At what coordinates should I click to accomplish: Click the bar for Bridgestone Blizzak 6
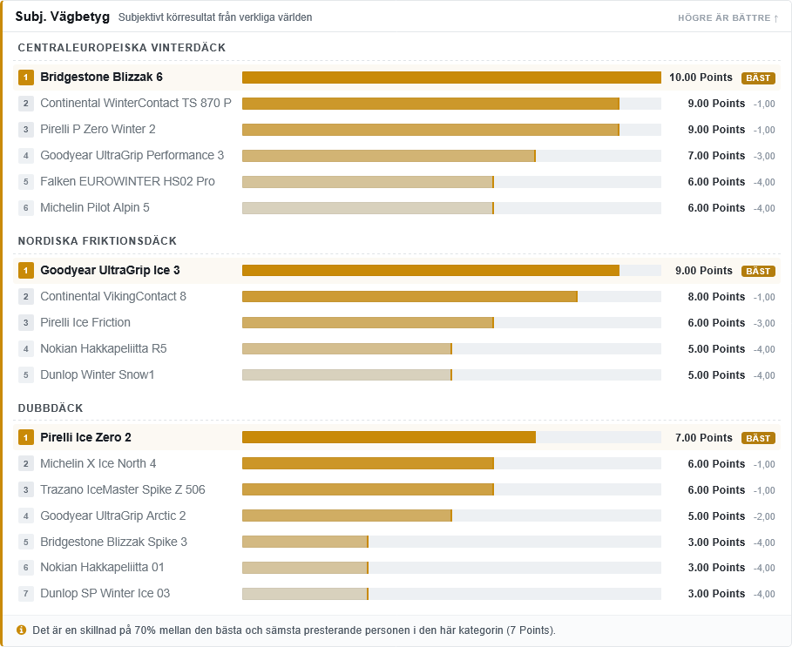point(451,78)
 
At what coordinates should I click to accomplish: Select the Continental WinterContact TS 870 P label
point(136,103)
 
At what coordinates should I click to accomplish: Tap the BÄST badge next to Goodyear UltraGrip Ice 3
point(758,271)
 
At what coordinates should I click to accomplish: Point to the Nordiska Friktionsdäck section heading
point(98,240)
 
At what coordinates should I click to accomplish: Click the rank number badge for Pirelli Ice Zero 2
point(26,437)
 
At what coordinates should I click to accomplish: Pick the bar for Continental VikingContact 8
point(410,296)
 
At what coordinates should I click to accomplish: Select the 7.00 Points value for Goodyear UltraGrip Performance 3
point(716,156)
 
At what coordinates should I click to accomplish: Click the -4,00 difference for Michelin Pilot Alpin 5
point(764,208)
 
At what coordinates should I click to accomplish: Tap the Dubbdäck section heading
point(51,408)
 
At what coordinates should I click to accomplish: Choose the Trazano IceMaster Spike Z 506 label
point(123,489)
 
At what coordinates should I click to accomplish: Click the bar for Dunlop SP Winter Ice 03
point(305,594)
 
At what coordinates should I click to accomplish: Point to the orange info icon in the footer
point(21,630)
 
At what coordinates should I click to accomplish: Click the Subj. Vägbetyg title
point(63,17)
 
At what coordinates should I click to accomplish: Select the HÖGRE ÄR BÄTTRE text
point(724,18)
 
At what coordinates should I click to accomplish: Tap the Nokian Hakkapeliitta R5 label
point(104,348)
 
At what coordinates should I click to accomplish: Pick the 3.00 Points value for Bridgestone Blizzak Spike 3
point(716,542)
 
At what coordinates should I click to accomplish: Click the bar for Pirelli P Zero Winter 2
point(431,130)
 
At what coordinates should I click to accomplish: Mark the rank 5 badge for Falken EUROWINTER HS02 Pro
point(26,182)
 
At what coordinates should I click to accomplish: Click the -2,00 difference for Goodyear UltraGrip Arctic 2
point(764,516)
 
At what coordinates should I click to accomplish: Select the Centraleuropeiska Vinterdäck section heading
point(122,47)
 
